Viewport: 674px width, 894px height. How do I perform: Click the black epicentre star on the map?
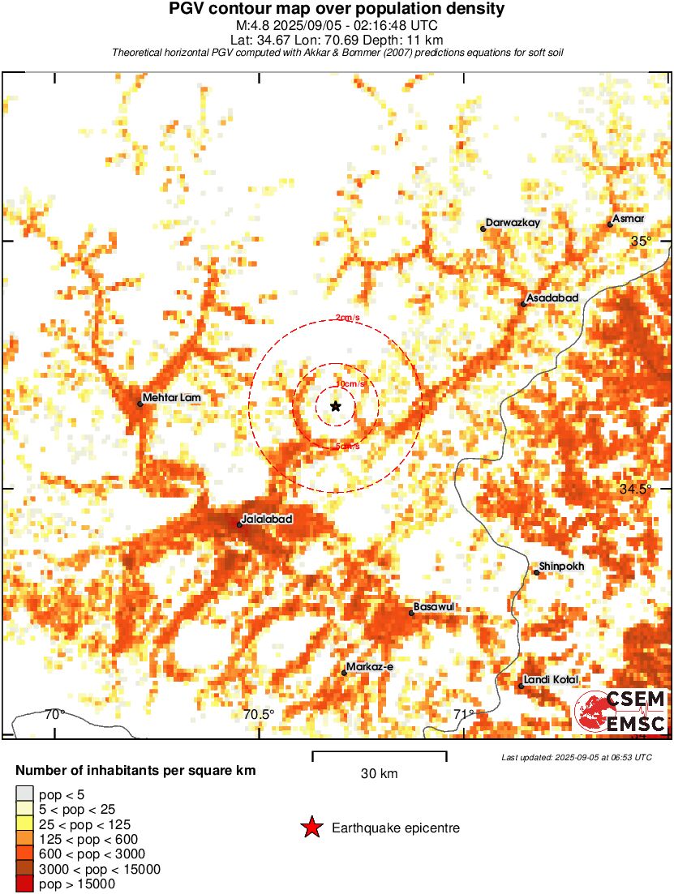(336, 405)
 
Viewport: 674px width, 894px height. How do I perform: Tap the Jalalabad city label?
(267, 519)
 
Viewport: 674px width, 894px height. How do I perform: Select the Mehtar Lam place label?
(171, 398)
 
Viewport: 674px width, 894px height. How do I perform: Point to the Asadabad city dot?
(523, 304)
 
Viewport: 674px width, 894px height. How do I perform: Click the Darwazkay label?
(513, 223)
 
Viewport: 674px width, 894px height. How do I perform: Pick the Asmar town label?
(629, 219)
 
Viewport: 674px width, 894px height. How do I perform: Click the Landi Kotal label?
(551, 679)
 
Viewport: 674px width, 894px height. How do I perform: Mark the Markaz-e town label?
(369, 667)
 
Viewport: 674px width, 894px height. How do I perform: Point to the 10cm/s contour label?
(350, 383)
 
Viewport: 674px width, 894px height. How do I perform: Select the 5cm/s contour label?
(347, 447)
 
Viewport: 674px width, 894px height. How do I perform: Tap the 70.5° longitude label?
(260, 714)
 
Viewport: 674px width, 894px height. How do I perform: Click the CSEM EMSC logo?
(621, 712)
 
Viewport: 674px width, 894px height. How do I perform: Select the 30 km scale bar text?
(379, 774)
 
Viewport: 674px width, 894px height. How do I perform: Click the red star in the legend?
(311, 828)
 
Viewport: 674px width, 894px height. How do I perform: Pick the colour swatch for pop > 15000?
(25, 884)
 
